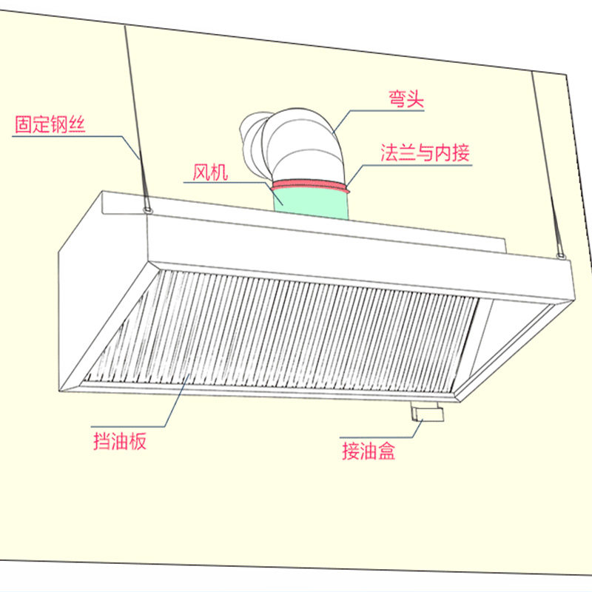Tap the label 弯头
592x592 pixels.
point(406,98)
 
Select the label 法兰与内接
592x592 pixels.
point(425,153)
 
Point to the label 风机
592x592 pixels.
point(210,172)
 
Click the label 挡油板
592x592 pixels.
point(120,442)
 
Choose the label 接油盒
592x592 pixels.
point(368,450)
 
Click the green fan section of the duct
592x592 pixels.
point(311,203)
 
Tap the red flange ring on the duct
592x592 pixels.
point(311,186)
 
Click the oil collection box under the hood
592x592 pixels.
point(428,414)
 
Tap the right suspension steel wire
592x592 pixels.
point(545,163)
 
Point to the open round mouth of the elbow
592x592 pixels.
point(252,137)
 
